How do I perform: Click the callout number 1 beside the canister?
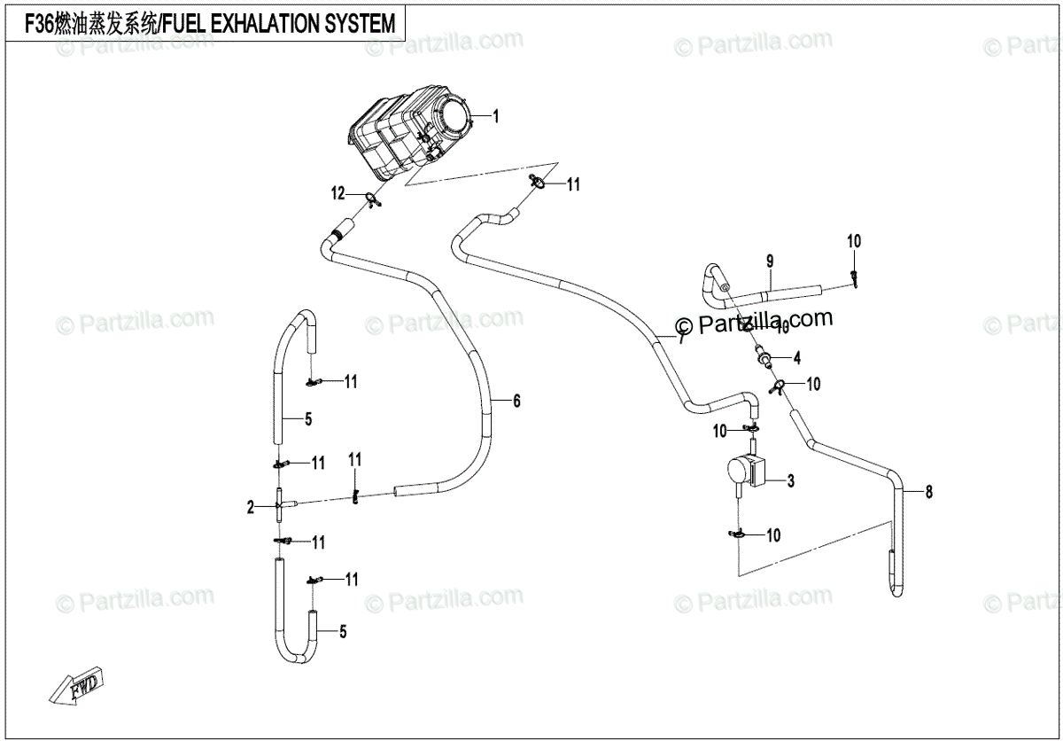(x=496, y=116)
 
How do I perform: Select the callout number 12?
(x=338, y=194)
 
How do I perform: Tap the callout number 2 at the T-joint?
(x=251, y=507)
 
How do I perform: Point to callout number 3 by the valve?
(x=791, y=481)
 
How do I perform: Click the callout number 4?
(x=797, y=358)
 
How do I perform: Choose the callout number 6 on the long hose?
(x=516, y=401)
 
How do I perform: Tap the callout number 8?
(x=928, y=492)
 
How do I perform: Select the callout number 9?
(x=770, y=261)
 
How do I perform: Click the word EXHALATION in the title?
(x=249, y=24)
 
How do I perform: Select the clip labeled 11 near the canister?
(x=537, y=183)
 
